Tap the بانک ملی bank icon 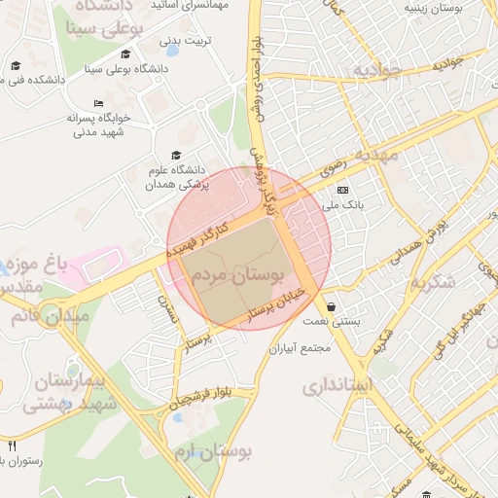[x=341, y=190]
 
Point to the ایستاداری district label [x=337, y=385]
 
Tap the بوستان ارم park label [x=213, y=453]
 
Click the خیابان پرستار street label [x=277, y=303]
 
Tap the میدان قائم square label [x=49, y=316]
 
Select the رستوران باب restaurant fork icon [x=12, y=445]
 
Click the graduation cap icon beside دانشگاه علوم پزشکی [x=176, y=155]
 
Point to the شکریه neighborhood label [x=432, y=284]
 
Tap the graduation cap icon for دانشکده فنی [x=15, y=66]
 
